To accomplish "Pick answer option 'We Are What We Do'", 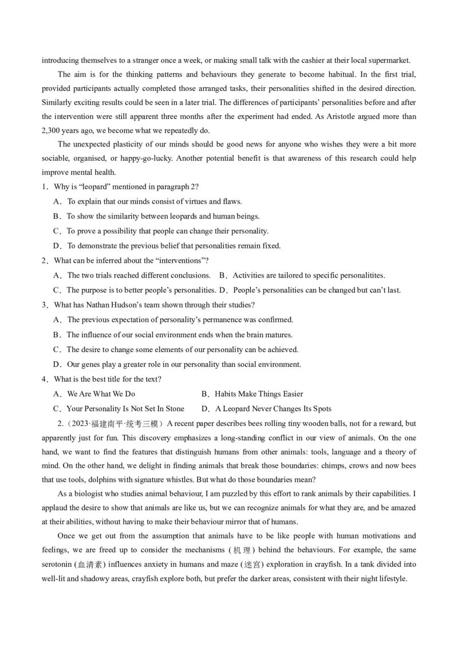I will (x=101, y=394).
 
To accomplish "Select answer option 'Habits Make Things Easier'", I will (x=259, y=394).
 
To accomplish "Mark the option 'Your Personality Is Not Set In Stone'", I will (x=125, y=409).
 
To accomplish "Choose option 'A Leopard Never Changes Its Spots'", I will (x=273, y=409).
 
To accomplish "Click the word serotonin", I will (x=58, y=564).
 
